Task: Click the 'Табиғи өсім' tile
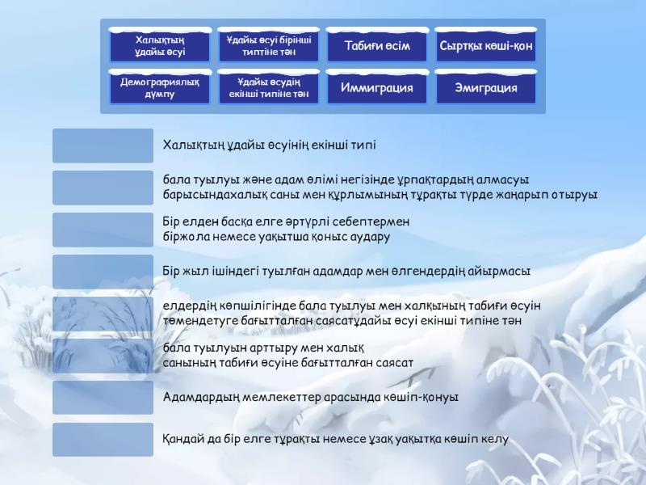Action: tap(377, 45)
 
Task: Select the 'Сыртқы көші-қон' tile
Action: tap(486, 45)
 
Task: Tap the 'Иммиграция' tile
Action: tap(377, 87)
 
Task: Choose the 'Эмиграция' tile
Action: tap(486, 87)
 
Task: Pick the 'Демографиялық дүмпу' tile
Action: tap(159, 87)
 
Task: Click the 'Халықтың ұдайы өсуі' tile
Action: tap(159, 45)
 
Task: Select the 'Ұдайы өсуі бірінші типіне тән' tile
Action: tap(268, 45)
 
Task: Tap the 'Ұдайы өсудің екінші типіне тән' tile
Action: tap(268, 87)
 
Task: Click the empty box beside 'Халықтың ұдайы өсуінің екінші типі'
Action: tap(103, 145)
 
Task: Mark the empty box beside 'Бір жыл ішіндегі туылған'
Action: tap(103, 272)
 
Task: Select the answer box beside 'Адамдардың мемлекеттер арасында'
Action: tap(103, 398)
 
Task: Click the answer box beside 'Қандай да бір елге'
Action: tap(103, 440)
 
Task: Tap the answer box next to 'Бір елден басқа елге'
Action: tap(103, 230)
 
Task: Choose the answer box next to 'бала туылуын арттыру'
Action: tap(103, 356)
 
